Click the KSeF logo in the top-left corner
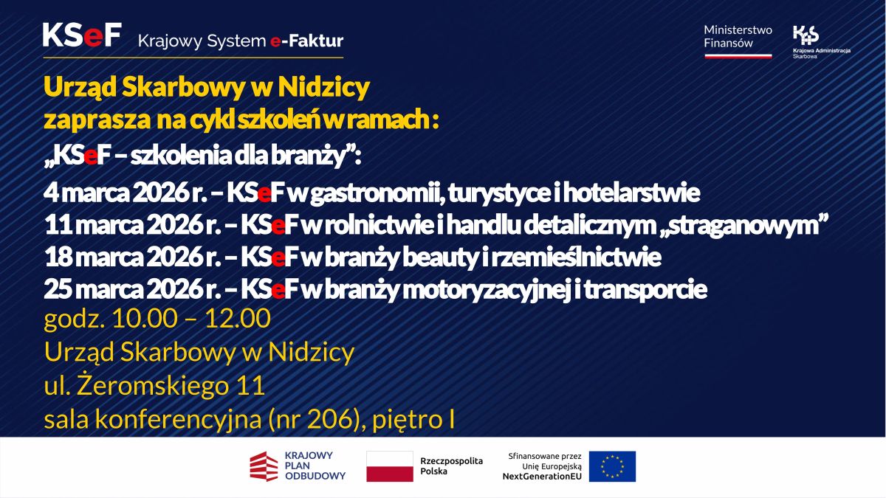[x=82, y=35]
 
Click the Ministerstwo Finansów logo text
[x=738, y=37]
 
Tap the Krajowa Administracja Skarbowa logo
[x=822, y=42]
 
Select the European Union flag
[x=612, y=466]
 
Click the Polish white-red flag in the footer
[x=390, y=466]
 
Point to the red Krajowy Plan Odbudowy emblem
[x=264, y=466]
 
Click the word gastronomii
[x=376, y=193]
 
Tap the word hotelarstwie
[x=632, y=193]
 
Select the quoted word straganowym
[x=743, y=225]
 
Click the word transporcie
[x=645, y=290]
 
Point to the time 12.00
[x=238, y=319]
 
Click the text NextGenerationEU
[x=542, y=477]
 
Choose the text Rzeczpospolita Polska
[x=451, y=466]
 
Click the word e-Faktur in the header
[x=307, y=41]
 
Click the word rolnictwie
[x=380, y=225]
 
